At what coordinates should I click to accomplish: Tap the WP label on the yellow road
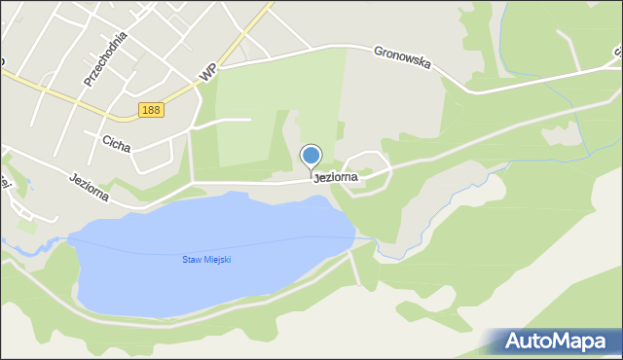(206, 72)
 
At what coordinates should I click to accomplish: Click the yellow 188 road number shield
(151, 110)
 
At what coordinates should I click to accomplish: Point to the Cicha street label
(117, 141)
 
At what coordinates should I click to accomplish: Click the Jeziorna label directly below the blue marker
(335, 178)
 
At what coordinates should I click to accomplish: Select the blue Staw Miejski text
(207, 259)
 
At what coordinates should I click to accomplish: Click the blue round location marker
(311, 155)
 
